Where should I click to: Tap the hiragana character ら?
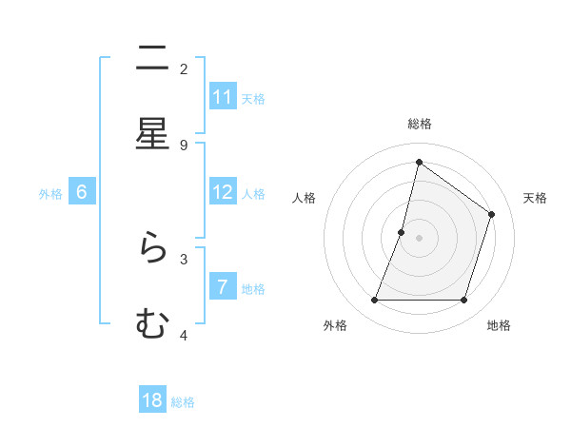tap(152, 248)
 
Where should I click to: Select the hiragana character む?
tap(152, 324)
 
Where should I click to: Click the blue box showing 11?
tap(223, 97)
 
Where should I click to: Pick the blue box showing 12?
tap(223, 192)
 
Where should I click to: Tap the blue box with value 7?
tap(223, 287)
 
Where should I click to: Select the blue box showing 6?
tap(82, 192)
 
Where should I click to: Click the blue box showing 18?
tap(152, 400)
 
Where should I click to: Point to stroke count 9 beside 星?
tap(184, 145)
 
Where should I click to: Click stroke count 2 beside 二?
tap(184, 68)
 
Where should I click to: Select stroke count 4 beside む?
tap(184, 335)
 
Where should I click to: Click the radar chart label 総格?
tap(420, 124)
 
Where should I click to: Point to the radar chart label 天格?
tap(535, 198)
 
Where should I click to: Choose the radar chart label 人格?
tap(304, 198)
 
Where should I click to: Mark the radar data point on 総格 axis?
tap(419, 162)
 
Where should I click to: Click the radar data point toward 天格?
tap(492, 214)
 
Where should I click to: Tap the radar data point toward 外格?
tap(374, 301)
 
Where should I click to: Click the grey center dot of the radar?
tap(419, 238)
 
